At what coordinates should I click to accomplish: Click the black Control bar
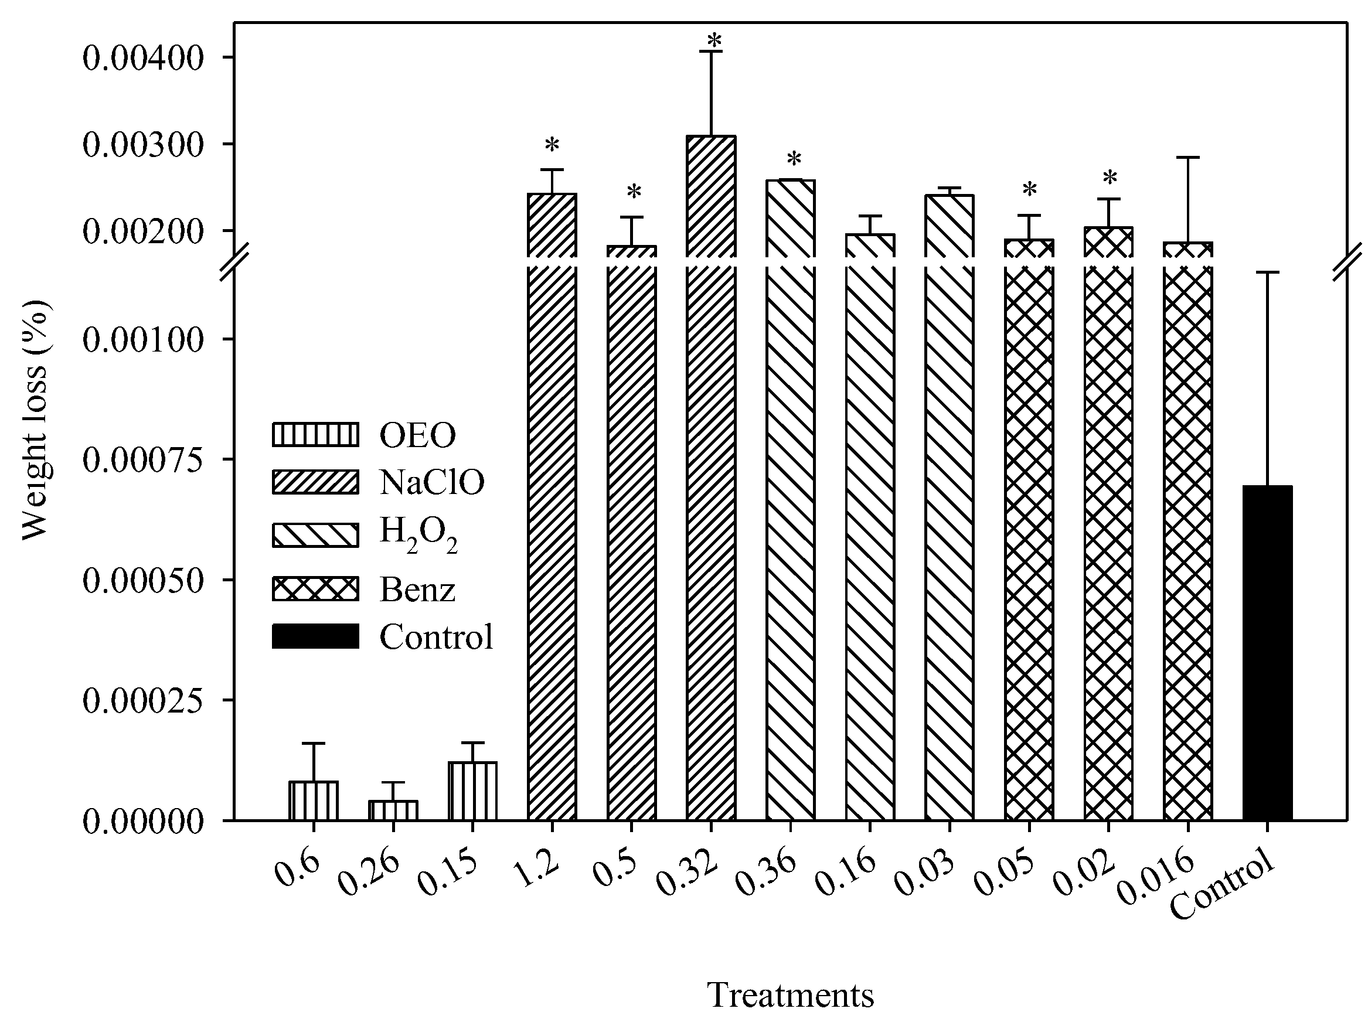pyautogui.click(x=1267, y=653)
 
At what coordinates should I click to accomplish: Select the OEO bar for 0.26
pyautogui.click(x=393, y=810)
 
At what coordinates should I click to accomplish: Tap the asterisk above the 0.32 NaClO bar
pyautogui.click(x=714, y=42)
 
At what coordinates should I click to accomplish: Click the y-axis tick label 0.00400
pyautogui.click(x=143, y=58)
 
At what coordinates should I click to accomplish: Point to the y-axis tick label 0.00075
pyautogui.click(x=143, y=459)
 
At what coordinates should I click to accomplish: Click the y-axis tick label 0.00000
pyautogui.click(x=143, y=822)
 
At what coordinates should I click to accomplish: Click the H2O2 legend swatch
pyautogui.click(x=315, y=535)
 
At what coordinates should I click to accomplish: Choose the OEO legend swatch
pyautogui.click(x=315, y=434)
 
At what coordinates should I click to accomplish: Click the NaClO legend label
pyautogui.click(x=431, y=482)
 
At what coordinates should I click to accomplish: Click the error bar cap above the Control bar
pyautogui.click(x=1267, y=272)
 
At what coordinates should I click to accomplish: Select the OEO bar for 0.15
pyautogui.click(x=473, y=791)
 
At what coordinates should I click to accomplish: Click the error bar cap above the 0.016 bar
pyautogui.click(x=1188, y=158)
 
